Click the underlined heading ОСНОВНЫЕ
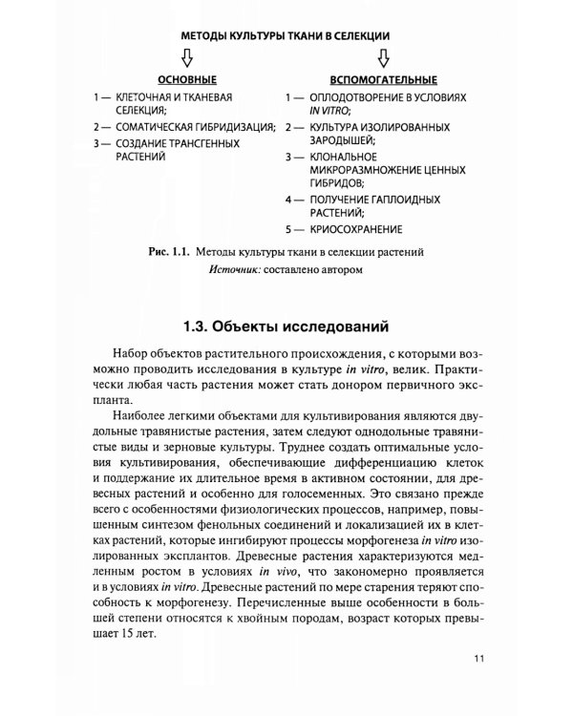[x=186, y=79]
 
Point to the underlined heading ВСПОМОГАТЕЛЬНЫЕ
[x=382, y=79]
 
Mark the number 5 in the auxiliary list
[x=287, y=230]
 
